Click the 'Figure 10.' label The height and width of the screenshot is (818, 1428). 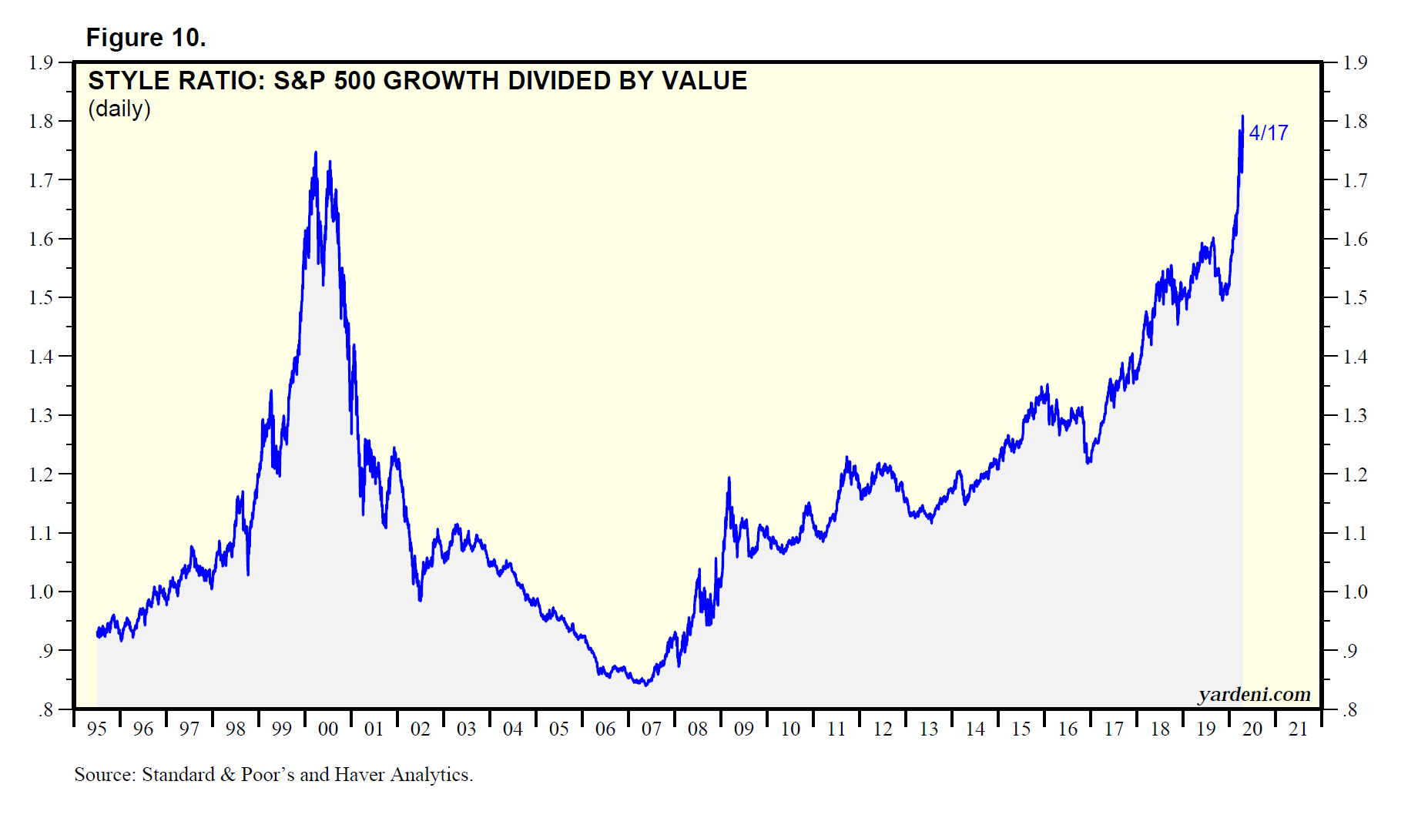(146, 38)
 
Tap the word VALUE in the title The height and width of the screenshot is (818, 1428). (709, 81)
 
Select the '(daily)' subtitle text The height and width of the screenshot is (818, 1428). (119, 109)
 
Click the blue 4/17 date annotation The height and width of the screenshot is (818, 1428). (1269, 133)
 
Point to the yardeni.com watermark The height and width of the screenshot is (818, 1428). (1254, 695)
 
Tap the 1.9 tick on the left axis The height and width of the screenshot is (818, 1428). (41, 62)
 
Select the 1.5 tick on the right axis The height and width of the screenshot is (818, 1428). (1355, 298)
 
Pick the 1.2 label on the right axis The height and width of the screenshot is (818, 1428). (1355, 474)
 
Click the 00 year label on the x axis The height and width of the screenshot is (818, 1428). (328, 729)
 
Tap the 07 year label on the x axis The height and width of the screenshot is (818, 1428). (652, 729)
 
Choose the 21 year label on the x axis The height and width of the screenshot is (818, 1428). (1299, 729)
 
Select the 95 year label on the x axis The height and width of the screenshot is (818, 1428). (97, 729)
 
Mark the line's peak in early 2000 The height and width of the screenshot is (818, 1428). (315, 153)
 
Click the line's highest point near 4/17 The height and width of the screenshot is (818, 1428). (1242, 116)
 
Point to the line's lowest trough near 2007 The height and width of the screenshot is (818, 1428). (645, 684)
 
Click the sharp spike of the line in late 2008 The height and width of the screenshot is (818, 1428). (729, 478)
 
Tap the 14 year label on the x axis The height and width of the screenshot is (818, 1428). (975, 729)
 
